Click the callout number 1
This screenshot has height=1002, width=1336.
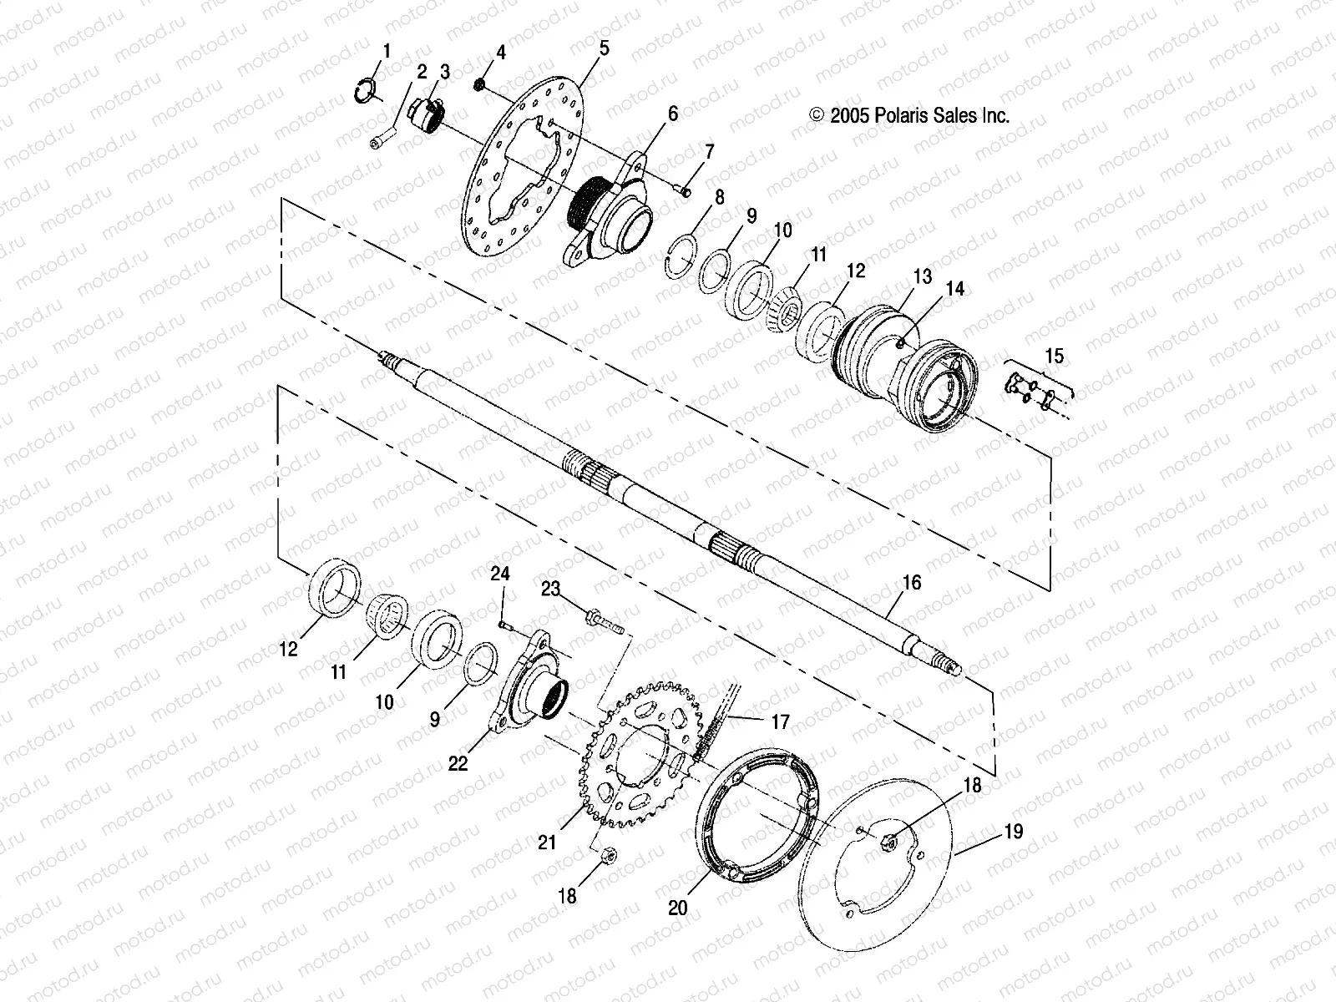pyautogui.click(x=385, y=52)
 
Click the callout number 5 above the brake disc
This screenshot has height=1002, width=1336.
pyautogui.click(x=604, y=48)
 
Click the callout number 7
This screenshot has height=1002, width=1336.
pyautogui.click(x=709, y=152)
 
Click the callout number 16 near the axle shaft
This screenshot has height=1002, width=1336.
pyautogui.click(x=912, y=582)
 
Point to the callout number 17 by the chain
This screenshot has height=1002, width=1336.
pyautogui.click(x=779, y=721)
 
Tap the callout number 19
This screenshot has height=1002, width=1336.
pyautogui.click(x=1013, y=832)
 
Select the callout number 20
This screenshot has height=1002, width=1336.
pyautogui.click(x=677, y=906)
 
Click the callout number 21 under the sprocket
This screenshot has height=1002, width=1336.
pyautogui.click(x=546, y=843)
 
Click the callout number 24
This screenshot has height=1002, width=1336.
pyautogui.click(x=499, y=574)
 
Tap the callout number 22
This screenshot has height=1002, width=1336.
pyautogui.click(x=458, y=762)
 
